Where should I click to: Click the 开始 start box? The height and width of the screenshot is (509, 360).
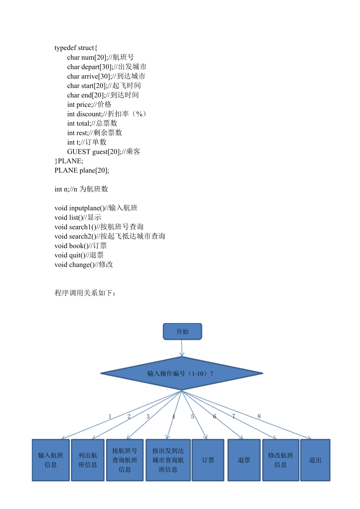click(x=182, y=331)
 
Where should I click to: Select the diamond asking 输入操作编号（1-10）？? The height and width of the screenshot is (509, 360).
click(x=182, y=373)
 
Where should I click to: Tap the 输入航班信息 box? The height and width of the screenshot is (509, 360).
click(x=51, y=460)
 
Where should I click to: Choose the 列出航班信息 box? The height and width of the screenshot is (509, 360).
click(x=88, y=460)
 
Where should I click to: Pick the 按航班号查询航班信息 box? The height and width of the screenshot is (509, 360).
click(x=125, y=460)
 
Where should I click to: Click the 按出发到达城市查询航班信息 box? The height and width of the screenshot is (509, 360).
click(x=168, y=460)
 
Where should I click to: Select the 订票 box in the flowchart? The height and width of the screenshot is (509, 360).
click(x=208, y=460)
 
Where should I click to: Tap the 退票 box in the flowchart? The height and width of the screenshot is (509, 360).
click(x=244, y=460)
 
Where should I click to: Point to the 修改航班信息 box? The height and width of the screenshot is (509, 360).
click(x=280, y=460)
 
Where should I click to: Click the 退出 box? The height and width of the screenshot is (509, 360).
click(x=315, y=460)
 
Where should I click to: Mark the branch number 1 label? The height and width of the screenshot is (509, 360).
click(x=110, y=417)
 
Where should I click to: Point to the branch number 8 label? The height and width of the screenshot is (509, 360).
click(x=259, y=417)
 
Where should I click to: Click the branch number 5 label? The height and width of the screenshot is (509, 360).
click(x=193, y=417)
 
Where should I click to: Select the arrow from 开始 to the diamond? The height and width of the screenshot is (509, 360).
click(x=182, y=348)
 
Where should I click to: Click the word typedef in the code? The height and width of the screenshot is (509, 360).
click(x=65, y=48)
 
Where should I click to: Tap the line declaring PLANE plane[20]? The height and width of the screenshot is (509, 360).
click(x=82, y=170)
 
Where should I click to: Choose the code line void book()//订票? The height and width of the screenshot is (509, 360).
click(x=80, y=246)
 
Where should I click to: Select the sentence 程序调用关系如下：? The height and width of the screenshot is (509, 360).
click(x=85, y=293)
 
